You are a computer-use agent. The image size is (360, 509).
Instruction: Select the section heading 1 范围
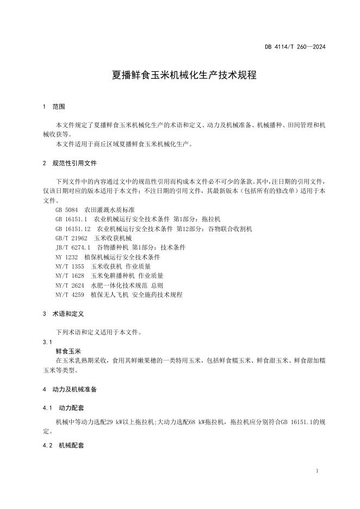53,107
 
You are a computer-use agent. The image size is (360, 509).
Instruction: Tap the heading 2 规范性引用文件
69,163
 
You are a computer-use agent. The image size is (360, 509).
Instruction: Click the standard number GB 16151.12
73,228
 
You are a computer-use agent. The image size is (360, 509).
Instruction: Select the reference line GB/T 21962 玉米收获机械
93,238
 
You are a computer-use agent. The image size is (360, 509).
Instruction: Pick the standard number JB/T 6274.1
72,247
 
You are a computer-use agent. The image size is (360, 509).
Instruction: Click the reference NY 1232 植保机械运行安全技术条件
108,257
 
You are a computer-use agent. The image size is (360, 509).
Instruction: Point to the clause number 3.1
46,342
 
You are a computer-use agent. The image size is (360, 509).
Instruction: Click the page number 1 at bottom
316,470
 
